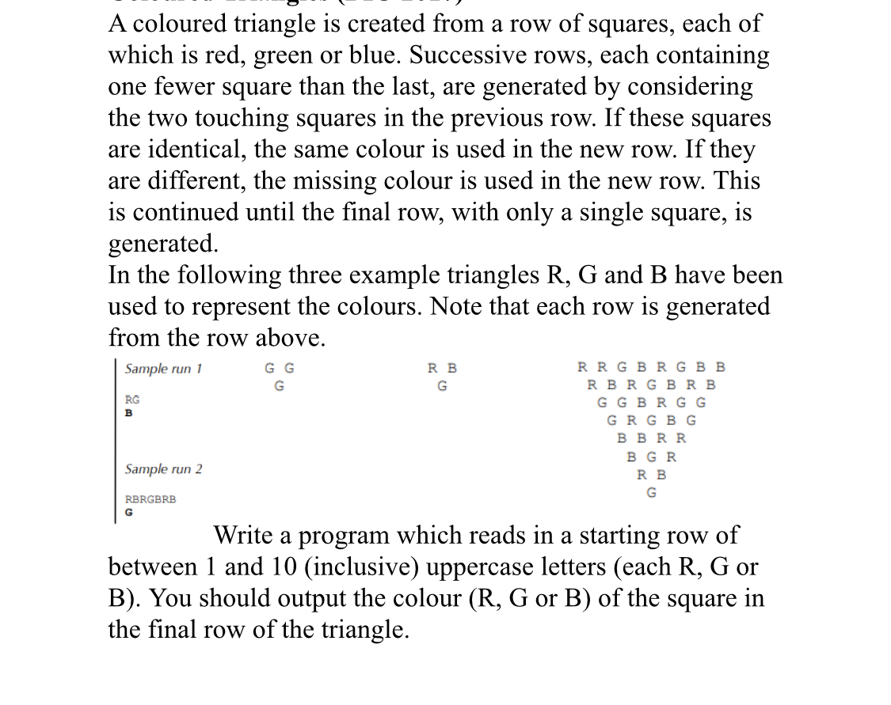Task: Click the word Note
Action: (458, 306)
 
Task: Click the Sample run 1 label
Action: (164, 369)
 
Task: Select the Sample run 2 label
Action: (164, 469)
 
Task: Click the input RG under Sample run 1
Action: (132, 400)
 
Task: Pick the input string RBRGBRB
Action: (150, 499)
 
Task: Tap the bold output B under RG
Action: (128, 412)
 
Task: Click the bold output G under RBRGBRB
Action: (129, 512)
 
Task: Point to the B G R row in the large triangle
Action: (651, 457)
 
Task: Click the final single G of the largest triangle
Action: (651, 493)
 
